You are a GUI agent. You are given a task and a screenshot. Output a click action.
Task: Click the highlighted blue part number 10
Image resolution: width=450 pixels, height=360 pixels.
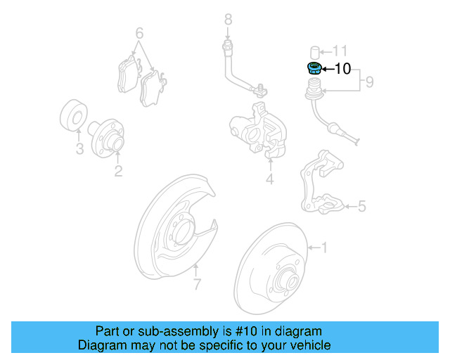click(x=314, y=68)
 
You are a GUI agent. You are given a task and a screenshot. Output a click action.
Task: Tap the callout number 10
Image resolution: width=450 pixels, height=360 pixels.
click(x=342, y=69)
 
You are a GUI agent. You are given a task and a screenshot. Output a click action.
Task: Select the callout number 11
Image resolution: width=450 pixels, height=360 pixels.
click(x=340, y=51)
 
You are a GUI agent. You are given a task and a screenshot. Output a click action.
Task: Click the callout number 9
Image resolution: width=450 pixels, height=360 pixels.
click(x=369, y=83)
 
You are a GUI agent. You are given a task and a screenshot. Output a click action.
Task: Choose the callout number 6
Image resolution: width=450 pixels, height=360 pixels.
click(x=139, y=33)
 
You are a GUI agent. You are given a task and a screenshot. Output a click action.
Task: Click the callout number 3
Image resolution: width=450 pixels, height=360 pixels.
click(x=79, y=148)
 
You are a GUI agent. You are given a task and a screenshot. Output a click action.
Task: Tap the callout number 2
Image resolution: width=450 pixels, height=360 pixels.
click(x=118, y=170)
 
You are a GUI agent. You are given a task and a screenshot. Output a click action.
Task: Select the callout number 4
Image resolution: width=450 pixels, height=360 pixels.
click(x=269, y=180)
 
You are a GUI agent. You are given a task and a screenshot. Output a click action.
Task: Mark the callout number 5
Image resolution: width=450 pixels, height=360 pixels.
click(x=362, y=206)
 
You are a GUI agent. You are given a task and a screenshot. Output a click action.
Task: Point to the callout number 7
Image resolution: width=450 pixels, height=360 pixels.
click(x=197, y=284)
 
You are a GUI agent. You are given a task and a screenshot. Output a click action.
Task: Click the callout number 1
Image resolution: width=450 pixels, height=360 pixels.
click(x=324, y=247)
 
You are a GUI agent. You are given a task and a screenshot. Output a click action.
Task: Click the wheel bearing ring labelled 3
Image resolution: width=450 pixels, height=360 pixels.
click(x=73, y=117)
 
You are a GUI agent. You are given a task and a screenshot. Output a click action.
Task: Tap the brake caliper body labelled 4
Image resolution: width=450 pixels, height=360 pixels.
click(x=257, y=130)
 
